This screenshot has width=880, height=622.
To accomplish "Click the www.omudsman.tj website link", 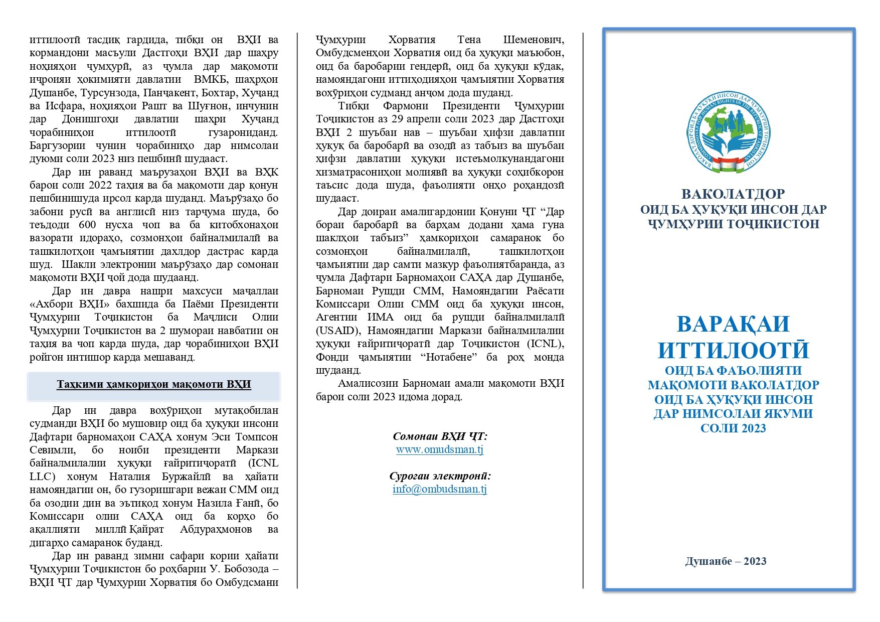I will (x=440, y=449).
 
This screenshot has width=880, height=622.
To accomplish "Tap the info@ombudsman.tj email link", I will (x=440, y=489).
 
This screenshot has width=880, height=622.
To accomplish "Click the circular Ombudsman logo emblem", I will (x=729, y=133).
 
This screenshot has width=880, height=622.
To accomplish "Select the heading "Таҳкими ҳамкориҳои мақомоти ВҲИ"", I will (x=153, y=385).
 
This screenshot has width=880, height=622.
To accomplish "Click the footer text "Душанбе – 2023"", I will (x=726, y=561).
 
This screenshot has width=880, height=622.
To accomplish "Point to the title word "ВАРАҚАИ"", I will (x=733, y=324).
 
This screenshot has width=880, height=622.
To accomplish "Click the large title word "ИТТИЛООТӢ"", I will (x=733, y=350).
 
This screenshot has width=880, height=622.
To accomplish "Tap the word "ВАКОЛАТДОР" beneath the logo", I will (x=733, y=194).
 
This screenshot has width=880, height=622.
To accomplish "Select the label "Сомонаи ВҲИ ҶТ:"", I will (x=440, y=436).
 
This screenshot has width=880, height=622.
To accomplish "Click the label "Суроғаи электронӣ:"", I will (x=440, y=476).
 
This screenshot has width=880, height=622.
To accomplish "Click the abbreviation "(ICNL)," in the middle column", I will (x=546, y=344).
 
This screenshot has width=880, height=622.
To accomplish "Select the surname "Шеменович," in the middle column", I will (x=534, y=40).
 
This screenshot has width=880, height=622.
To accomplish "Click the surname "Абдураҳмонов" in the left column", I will (x=216, y=529).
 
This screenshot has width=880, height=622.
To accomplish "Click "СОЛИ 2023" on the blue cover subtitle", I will (x=733, y=428).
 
